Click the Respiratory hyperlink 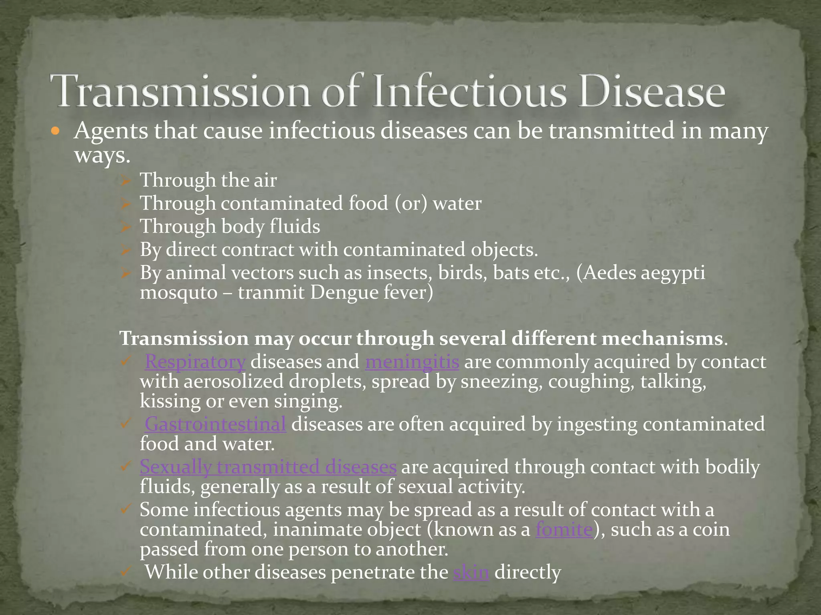195,362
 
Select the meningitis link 412,362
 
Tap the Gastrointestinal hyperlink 215,424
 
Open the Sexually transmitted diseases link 268,467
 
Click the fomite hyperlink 564,529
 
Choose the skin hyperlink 471,572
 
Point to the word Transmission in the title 180,92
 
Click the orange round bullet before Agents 56,131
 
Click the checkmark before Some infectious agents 125,509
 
